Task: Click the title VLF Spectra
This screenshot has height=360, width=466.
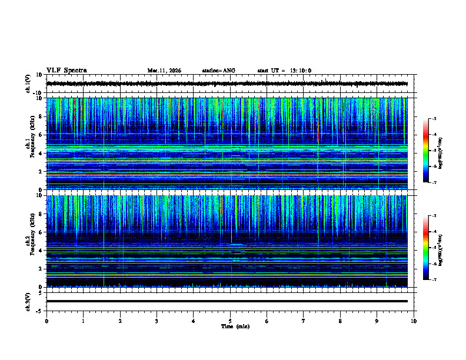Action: (66, 70)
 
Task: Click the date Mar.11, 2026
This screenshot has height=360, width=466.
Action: (164, 71)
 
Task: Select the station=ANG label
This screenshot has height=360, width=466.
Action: (218, 71)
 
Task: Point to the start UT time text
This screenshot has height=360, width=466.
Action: (284, 71)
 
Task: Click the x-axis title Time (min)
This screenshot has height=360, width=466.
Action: (235, 326)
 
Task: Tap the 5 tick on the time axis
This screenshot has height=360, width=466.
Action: (230, 321)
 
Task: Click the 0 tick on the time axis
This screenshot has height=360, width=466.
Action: (46, 321)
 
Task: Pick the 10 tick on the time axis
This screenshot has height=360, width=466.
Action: (414, 321)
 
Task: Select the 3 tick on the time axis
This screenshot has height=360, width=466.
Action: (157, 321)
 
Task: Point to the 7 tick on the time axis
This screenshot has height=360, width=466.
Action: (304, 321)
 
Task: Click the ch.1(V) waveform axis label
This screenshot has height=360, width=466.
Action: (28, 84)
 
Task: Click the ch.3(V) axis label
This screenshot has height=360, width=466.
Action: (28, 301)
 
